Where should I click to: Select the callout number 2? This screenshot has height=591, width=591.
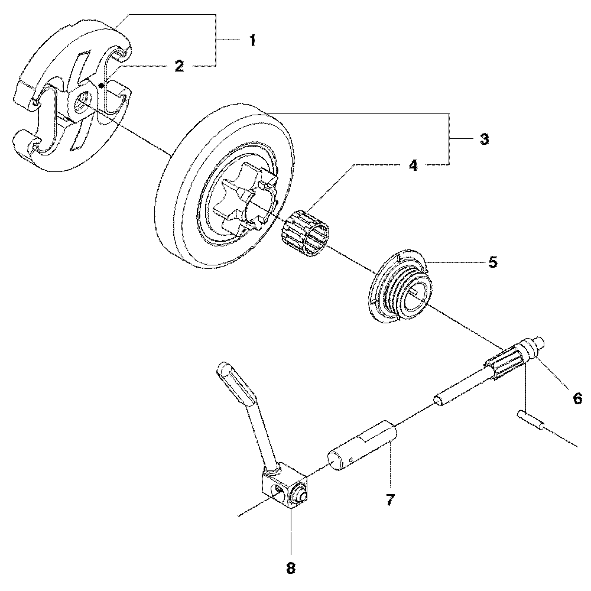click(179, 66)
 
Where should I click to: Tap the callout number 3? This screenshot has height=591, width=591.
click(483, 140)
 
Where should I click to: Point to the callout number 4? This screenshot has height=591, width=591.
click(413, 166)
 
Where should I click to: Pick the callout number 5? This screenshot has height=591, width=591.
click(492, 262)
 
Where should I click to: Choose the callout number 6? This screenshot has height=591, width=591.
click(577, 398)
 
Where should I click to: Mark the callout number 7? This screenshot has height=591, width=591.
click(389, 499)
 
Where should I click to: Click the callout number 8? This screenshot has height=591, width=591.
click(290, 568)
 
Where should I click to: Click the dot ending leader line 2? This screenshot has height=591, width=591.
click(102, 85)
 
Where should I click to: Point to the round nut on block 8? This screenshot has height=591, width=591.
click(300, 492)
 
